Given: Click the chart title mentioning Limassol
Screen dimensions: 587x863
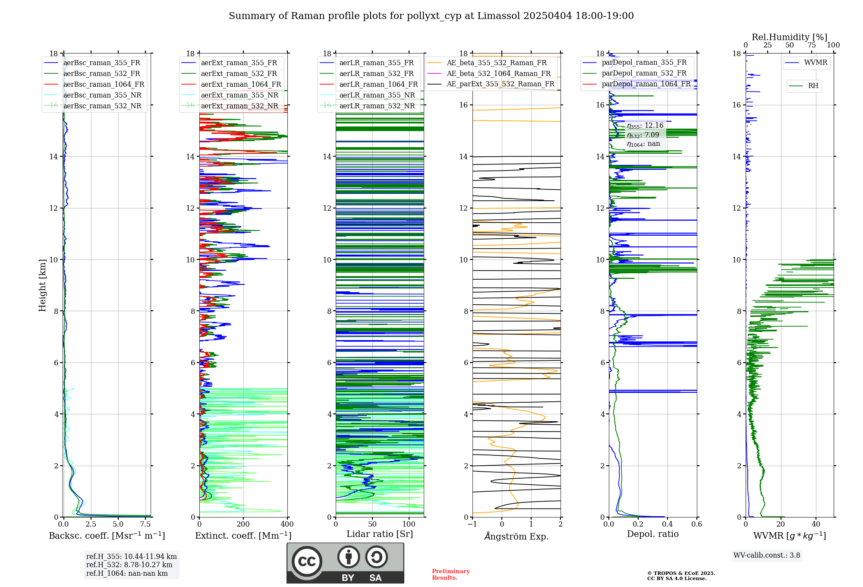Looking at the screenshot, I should (x=431, y=16).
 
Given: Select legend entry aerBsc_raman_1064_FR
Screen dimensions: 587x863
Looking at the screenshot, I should (x=104, y=85).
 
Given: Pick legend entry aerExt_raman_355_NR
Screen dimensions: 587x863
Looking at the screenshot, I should (x=239, y=95).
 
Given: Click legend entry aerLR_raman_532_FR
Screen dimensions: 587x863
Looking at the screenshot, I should (x=376, y=74).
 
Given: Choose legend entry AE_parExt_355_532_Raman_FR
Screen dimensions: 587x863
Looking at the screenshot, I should (x=501, y=84).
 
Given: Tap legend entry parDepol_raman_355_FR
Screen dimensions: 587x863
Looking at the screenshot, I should (x=644, y=63).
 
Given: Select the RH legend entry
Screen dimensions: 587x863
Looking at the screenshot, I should (x=813, y=86).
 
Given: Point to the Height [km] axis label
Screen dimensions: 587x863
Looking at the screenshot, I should (x=42, y=285).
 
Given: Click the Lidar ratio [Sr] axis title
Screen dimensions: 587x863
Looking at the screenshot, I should (x=380, y=534).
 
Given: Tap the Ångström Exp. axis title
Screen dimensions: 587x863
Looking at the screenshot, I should (x=517, y=537).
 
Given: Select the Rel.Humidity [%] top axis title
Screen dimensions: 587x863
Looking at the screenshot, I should (x=789, y=37).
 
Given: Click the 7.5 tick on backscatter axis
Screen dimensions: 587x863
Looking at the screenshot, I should (x=145, y=524).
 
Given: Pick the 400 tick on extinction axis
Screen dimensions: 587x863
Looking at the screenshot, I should (x=287, y=524).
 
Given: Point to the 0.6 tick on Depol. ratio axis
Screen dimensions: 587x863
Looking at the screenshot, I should (x=696, y=524).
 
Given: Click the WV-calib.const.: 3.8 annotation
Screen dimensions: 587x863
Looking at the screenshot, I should (x=767, y=555).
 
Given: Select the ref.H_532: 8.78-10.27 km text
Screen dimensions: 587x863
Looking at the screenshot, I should (x=129, y=565).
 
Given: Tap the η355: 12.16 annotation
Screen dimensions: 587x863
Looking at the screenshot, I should (x=645, y=126).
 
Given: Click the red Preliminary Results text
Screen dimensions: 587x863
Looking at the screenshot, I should (x=450, y=574).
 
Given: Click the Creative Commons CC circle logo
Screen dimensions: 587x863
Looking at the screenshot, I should (x=307, y=562).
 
